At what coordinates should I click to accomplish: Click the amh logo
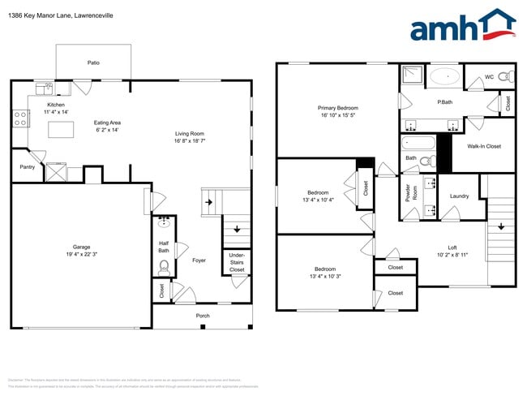tap(463, 26)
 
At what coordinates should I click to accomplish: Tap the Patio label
tap(94, 62)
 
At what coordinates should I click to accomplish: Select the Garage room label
tap(81, 247)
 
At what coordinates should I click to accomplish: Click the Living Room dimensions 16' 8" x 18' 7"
tap(190, 141)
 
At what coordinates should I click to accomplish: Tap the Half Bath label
tap(164, 247)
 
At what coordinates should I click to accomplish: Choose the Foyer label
tap(199, 260)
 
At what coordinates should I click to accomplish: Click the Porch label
tap(202, 316)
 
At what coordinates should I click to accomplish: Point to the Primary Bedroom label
tap(337, 107)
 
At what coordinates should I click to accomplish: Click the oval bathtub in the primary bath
tap(443, 77)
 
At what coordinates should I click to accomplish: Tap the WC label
tap(489, 77)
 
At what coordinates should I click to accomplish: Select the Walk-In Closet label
tap(484, 146)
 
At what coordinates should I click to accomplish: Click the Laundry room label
tap(459, 196)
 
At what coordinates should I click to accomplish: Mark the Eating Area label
tap(108, 123)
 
